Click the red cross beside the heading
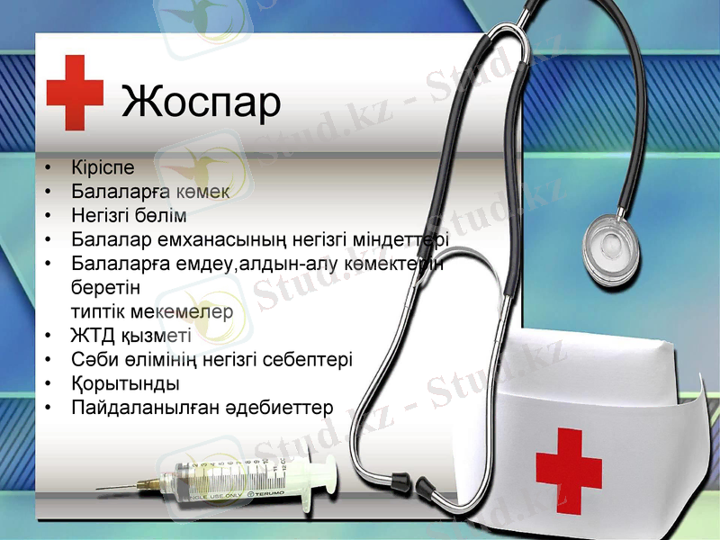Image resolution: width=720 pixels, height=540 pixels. point(76,93)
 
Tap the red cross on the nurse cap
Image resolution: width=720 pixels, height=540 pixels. point(569,468)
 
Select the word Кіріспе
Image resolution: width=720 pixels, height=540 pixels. point(103,167)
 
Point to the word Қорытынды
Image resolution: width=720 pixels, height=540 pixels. point(125,383)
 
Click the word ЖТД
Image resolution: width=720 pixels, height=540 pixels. point(91,337)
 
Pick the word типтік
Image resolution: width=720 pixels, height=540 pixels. point(96,311)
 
